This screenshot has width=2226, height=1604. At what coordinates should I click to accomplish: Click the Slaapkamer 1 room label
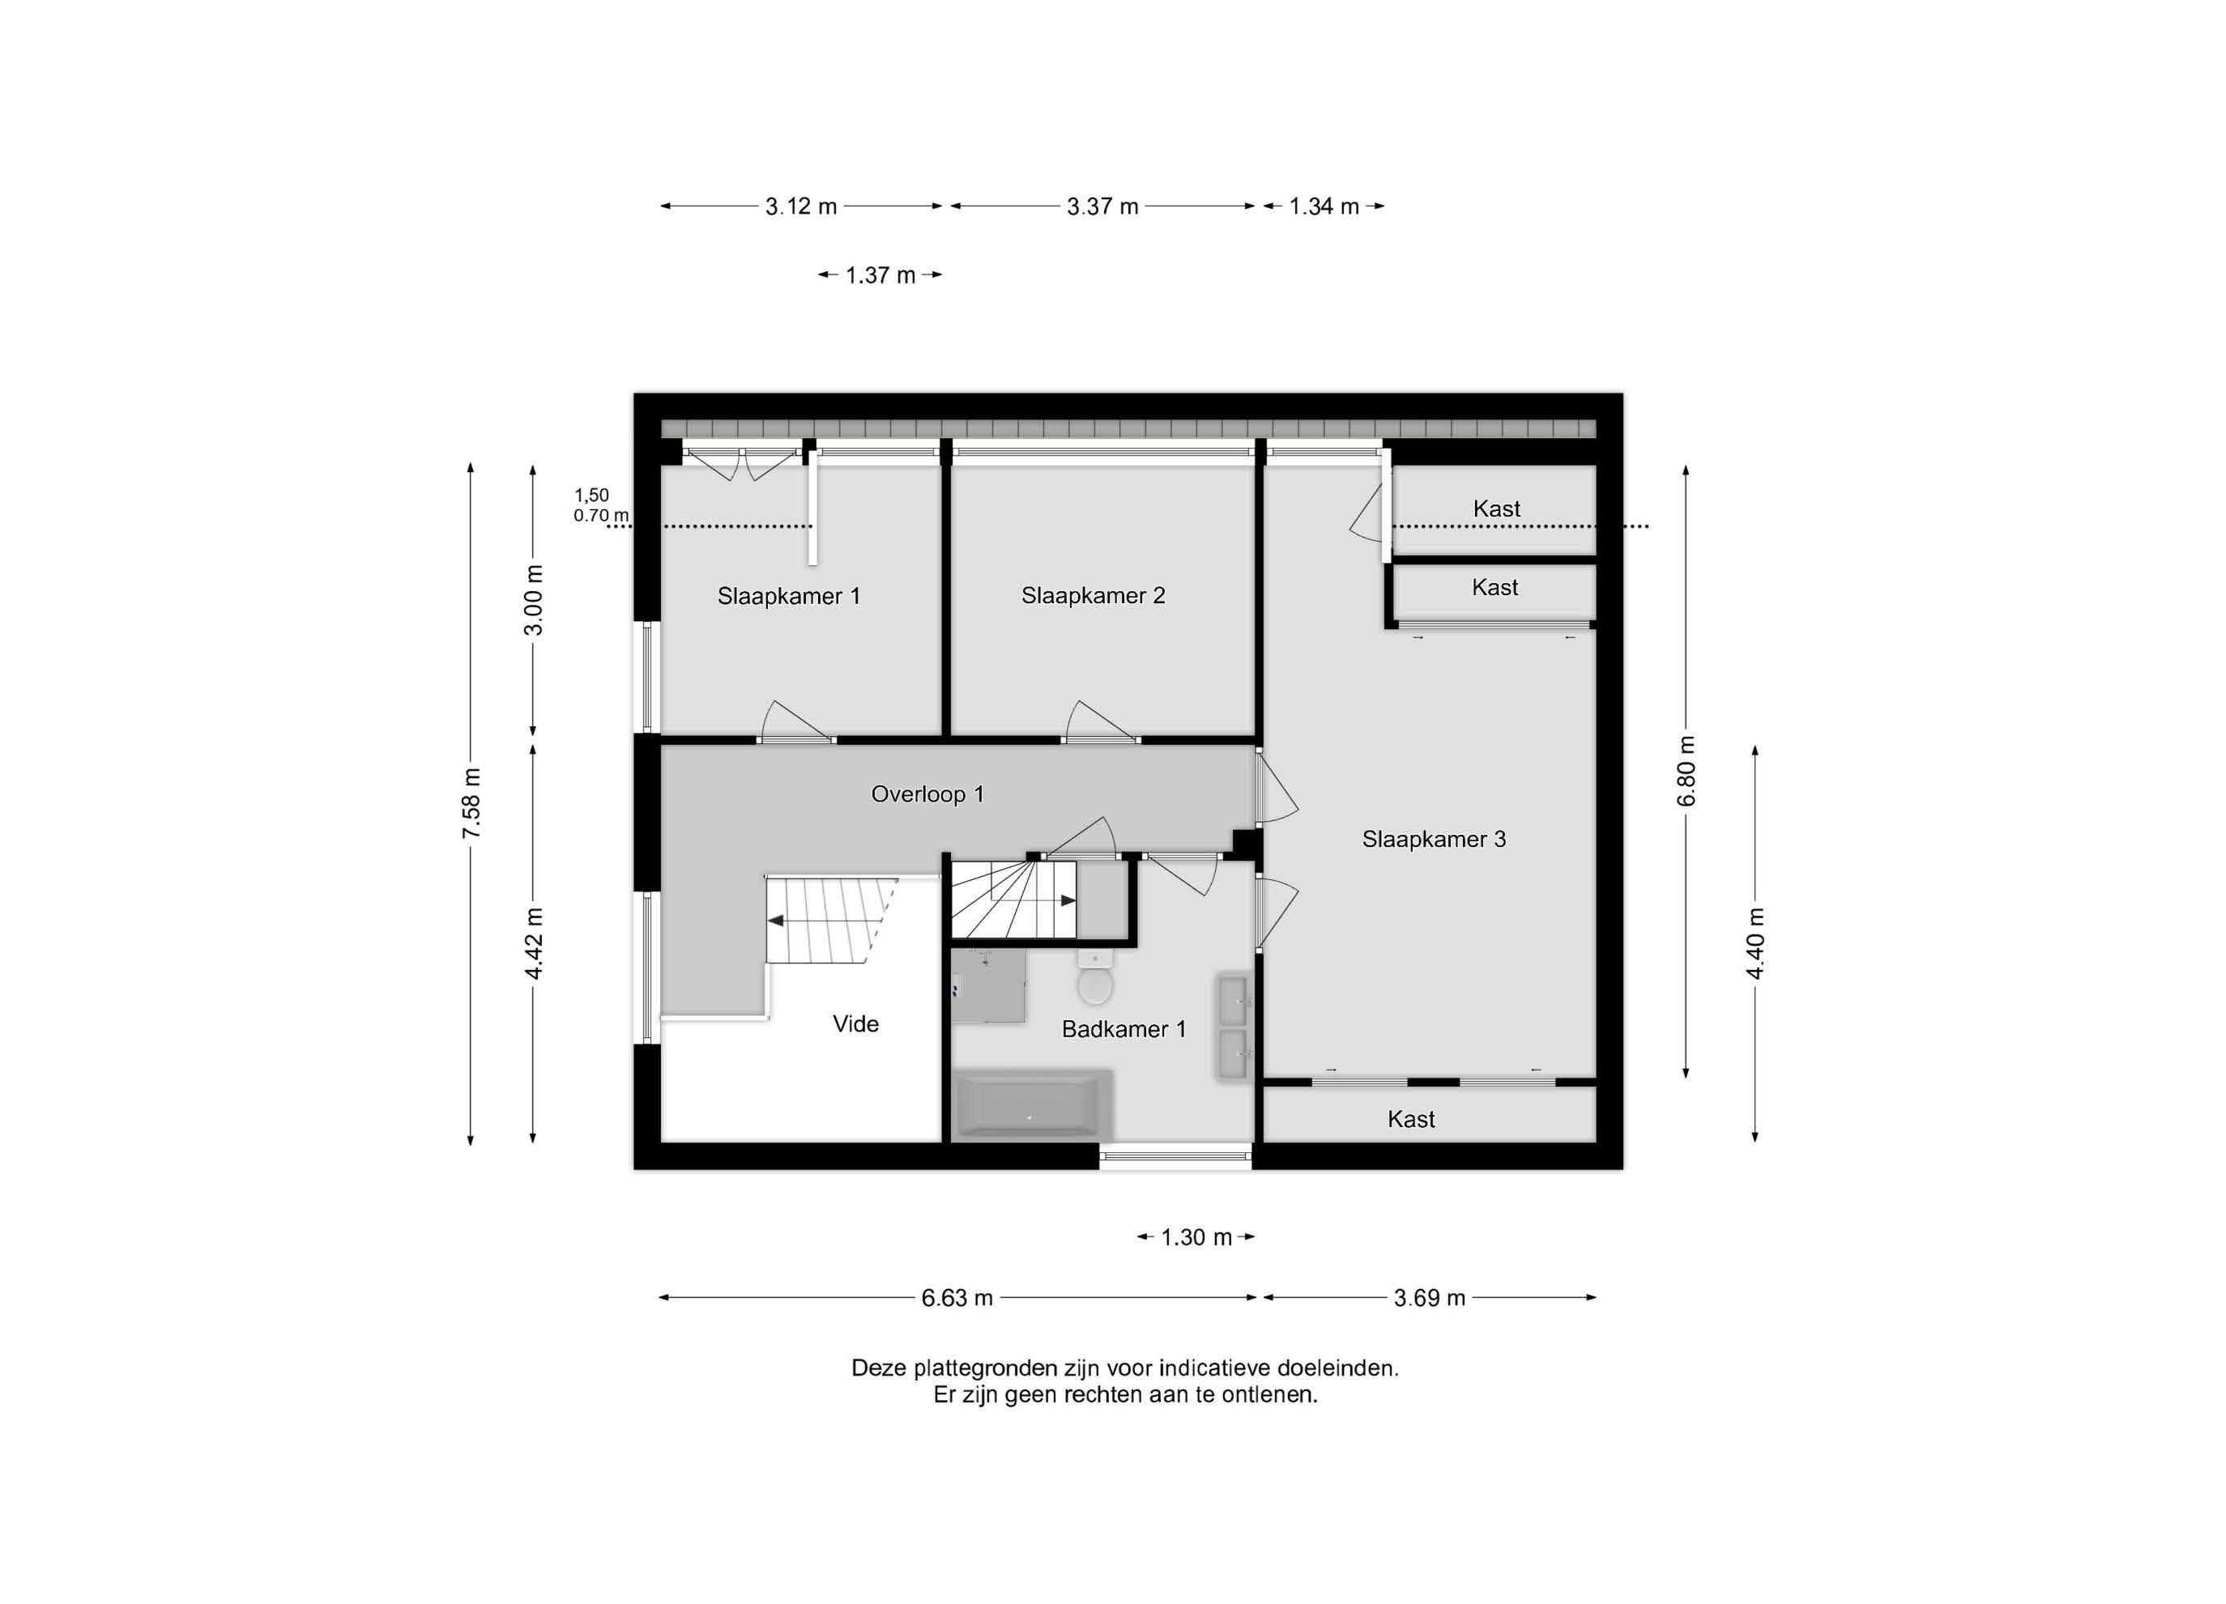(788, 595)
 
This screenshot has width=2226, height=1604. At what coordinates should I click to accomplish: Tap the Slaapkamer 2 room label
(1093, 595)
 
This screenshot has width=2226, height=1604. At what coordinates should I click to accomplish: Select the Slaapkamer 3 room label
(1433, 839)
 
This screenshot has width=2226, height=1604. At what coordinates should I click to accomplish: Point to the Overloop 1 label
(927, 793)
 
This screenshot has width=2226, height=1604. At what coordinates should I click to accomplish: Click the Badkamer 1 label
(1123, 1029)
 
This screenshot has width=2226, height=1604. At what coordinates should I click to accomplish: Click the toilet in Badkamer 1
(1094, 977)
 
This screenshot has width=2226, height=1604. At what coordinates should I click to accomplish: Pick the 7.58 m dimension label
(471, 803)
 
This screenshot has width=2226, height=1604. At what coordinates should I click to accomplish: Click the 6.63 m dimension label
(956, 1298)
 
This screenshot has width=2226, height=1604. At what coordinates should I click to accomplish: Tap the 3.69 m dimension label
(1429, 1298)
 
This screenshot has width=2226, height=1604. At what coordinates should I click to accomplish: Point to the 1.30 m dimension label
(1196, 1237)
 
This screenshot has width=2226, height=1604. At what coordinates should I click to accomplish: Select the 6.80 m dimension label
(1687, 771)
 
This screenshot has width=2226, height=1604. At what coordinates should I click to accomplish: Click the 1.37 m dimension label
(880, 275)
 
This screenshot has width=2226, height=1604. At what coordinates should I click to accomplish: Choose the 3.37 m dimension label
(1102, 207)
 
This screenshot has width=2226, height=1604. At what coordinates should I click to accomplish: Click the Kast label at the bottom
(1410, 1119)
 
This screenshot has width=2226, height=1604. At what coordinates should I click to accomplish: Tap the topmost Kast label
(1496, 508)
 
